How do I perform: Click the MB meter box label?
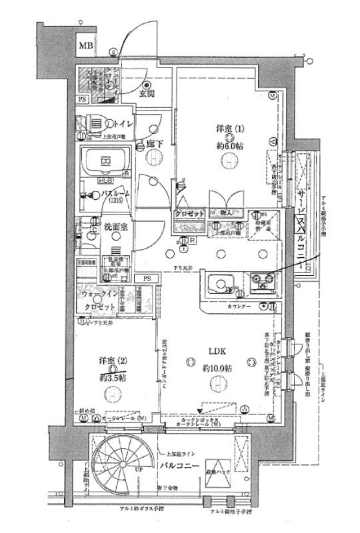tap(85, 46)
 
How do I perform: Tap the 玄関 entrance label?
tap(147, 93)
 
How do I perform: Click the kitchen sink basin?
tap(217, 285)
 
